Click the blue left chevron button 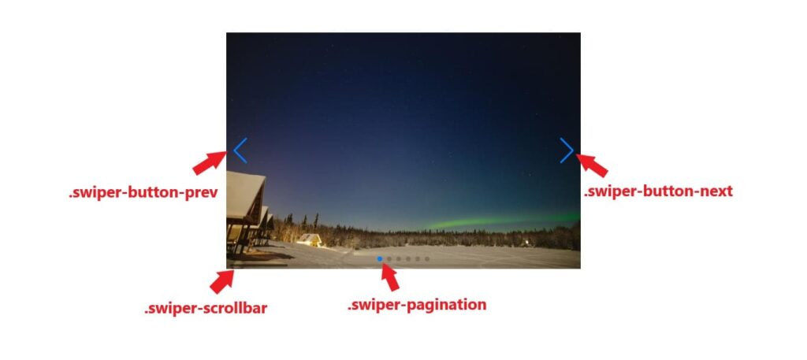point(240,150)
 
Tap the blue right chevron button point(567,150)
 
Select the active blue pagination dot point(380,258)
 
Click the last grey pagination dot point(427,258)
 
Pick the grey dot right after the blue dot point(389,258)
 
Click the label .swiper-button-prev point(143,193)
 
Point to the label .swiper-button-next point(658,191)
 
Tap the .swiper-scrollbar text point(206,309)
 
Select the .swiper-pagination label point(417,305)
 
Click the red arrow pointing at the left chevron point(210,162)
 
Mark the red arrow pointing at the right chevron point(592,165)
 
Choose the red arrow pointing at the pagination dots point(389,276)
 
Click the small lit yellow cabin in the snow point(310,239)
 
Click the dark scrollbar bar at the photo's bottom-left point(258,265)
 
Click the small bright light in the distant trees point(526,241)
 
